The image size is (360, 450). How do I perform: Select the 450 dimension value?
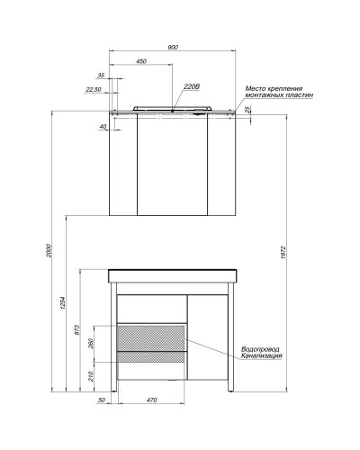click(141, 62)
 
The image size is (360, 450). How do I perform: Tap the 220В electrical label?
click(190, 86)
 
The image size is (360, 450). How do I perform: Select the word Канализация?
click(262, 356)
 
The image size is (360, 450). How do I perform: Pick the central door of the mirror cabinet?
click(172, 167)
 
